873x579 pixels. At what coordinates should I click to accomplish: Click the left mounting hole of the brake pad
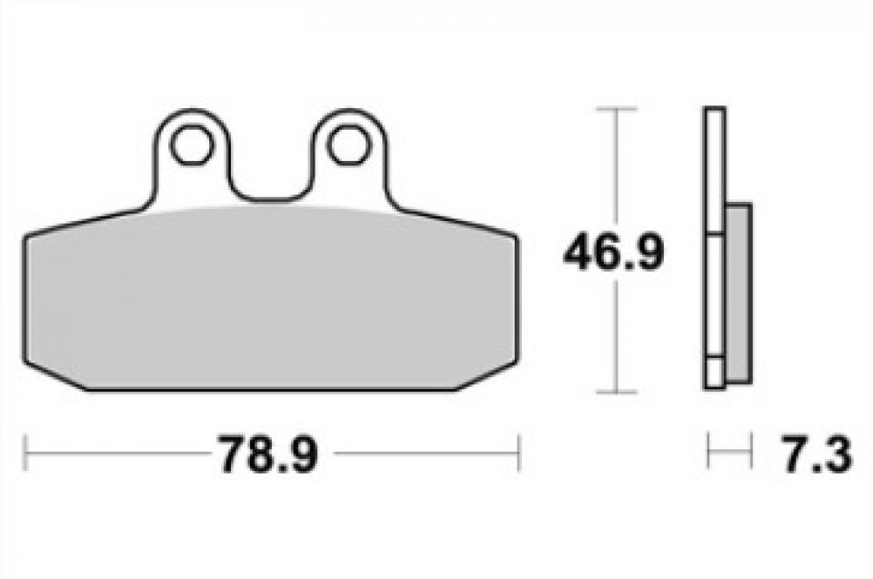192,145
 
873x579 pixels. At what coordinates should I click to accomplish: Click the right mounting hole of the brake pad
349,145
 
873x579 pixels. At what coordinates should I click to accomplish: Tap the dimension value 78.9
267,454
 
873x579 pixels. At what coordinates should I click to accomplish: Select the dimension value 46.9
614,253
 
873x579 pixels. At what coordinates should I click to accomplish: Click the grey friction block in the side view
738,294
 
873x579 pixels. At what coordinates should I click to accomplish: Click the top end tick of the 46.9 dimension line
616,108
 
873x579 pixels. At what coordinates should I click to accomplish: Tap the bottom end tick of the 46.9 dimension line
616,392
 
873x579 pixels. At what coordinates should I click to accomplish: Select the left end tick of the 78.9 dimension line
25,454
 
